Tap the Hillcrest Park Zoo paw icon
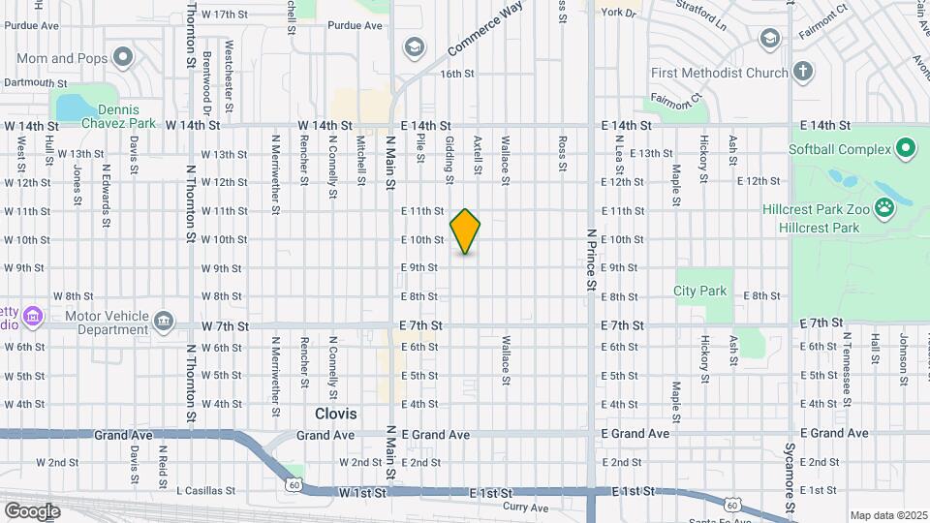[x=883, y=206]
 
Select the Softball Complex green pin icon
[x=906, y=149]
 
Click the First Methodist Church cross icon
[x=802, y=71]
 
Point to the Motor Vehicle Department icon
[x=164, y=319]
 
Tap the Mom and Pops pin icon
[x=122, y=58]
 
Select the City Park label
[x=699, y=291]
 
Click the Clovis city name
[x=335, y=414]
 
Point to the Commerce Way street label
[x=485, y=31]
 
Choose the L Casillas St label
[x=206, y=491]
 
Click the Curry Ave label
[x=526, y=507]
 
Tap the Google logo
[x=32, y=510]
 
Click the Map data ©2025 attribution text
[x=887, y=515]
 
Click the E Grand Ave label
[x=635, y=433]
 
